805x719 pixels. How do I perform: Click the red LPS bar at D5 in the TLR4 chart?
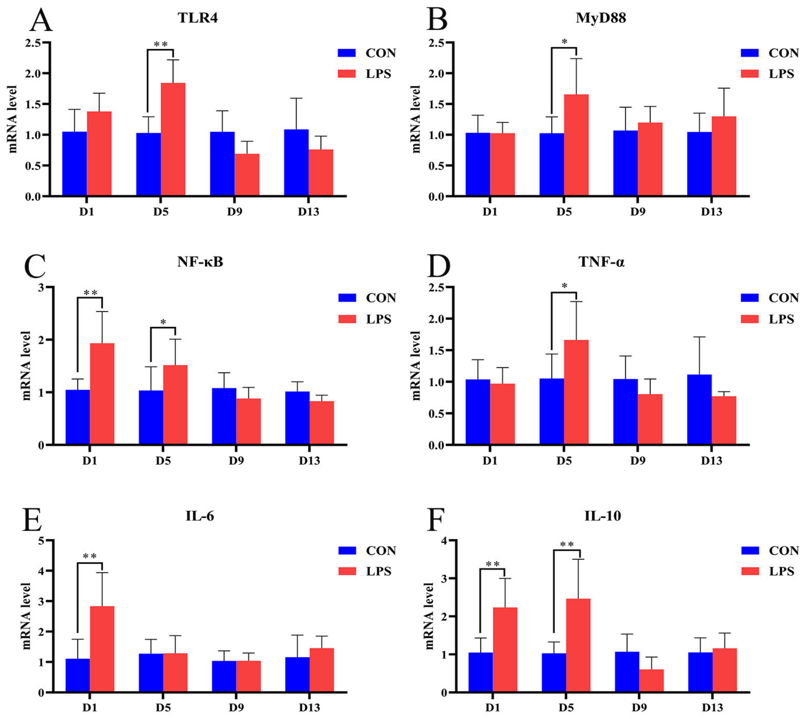(173, 139)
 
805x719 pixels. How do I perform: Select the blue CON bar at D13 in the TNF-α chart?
(699, 409)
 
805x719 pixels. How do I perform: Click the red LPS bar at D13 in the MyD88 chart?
(724, 156)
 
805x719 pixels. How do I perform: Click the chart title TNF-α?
(601, 262)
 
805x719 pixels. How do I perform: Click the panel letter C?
(35, 266)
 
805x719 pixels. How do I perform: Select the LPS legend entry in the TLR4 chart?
(364, 73)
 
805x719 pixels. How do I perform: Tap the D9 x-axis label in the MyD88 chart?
(638, 212)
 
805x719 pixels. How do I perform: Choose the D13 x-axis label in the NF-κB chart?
(309, 461)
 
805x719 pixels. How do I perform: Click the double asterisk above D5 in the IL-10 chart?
(567, 545)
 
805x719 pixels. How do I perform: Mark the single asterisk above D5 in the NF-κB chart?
(163, 322)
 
